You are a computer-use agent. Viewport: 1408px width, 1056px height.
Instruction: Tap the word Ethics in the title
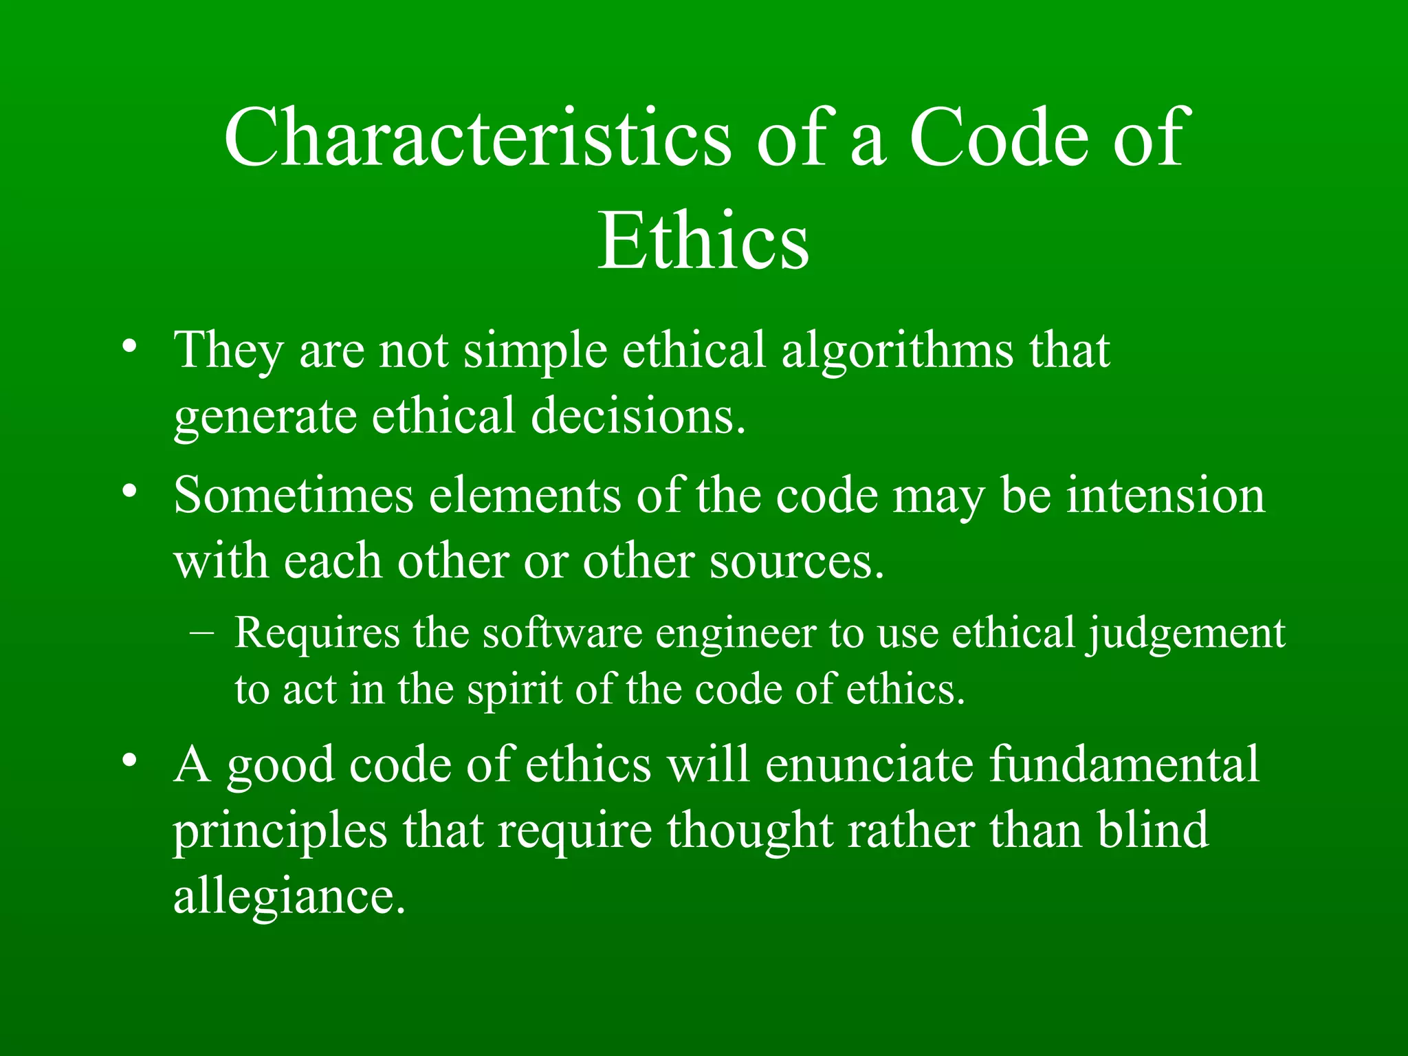pyautogui.click(x=703, y=241)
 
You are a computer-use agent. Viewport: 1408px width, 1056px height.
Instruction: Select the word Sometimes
pyautogui.click(x=294, y=496)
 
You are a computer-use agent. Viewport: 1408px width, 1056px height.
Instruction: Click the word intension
pyautogui.click(x=1165, y=496)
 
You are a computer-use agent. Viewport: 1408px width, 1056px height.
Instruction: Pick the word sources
pyautogui.click(x=796, y=561)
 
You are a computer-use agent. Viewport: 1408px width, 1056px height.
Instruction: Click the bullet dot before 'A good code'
pyautogui.click(x=129, y=760)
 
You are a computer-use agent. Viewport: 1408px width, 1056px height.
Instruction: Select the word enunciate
pyautogui.click(x=869, y=764)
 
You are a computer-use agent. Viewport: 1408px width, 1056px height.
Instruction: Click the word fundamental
pyautogui.click(x=1124, y=764)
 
